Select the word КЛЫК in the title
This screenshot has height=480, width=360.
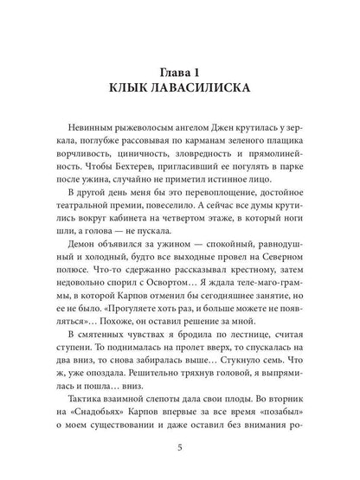point(121,90)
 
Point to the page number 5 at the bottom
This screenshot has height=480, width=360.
point(180,447)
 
